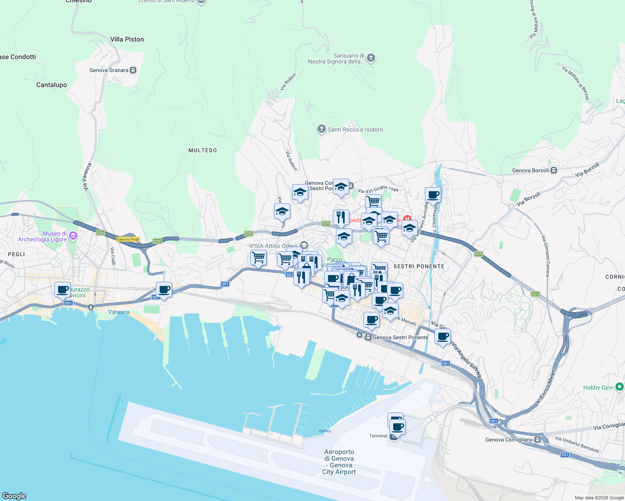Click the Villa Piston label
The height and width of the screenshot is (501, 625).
[x=127, y=39]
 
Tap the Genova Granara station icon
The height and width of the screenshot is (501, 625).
[x=133, y=70]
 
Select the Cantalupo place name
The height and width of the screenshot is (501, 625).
[x=51, y=85]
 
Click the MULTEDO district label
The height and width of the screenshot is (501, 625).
[x=203, y=150]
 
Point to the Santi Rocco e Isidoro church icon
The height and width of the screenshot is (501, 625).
[x=321, y=129]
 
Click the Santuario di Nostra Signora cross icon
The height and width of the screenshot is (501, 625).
[x=371, y=58]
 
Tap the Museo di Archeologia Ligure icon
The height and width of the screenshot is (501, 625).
[x=73, y=236]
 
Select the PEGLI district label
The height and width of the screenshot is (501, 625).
[x=16, y=254]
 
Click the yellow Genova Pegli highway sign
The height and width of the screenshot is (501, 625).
[x=128, y=239]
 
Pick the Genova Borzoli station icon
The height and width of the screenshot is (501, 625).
[x=554, y=170]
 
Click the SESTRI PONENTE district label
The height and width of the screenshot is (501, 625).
[x=419, y=266]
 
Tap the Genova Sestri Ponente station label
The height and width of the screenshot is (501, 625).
[x=400, y=337]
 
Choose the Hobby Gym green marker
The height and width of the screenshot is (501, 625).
[x=620, y=387]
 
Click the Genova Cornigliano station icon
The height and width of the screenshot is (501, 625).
[x=538, y=440]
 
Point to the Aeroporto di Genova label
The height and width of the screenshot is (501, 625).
[x=339, y=462]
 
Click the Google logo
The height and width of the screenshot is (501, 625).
[x=14, y=496]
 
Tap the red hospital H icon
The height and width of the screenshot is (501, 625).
[x=407, y=218]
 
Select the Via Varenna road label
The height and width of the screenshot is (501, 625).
[x=87, y=177]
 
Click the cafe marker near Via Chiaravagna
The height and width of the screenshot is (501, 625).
[x=433, y=195]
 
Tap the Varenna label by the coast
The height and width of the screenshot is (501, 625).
[x=119, y=312]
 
